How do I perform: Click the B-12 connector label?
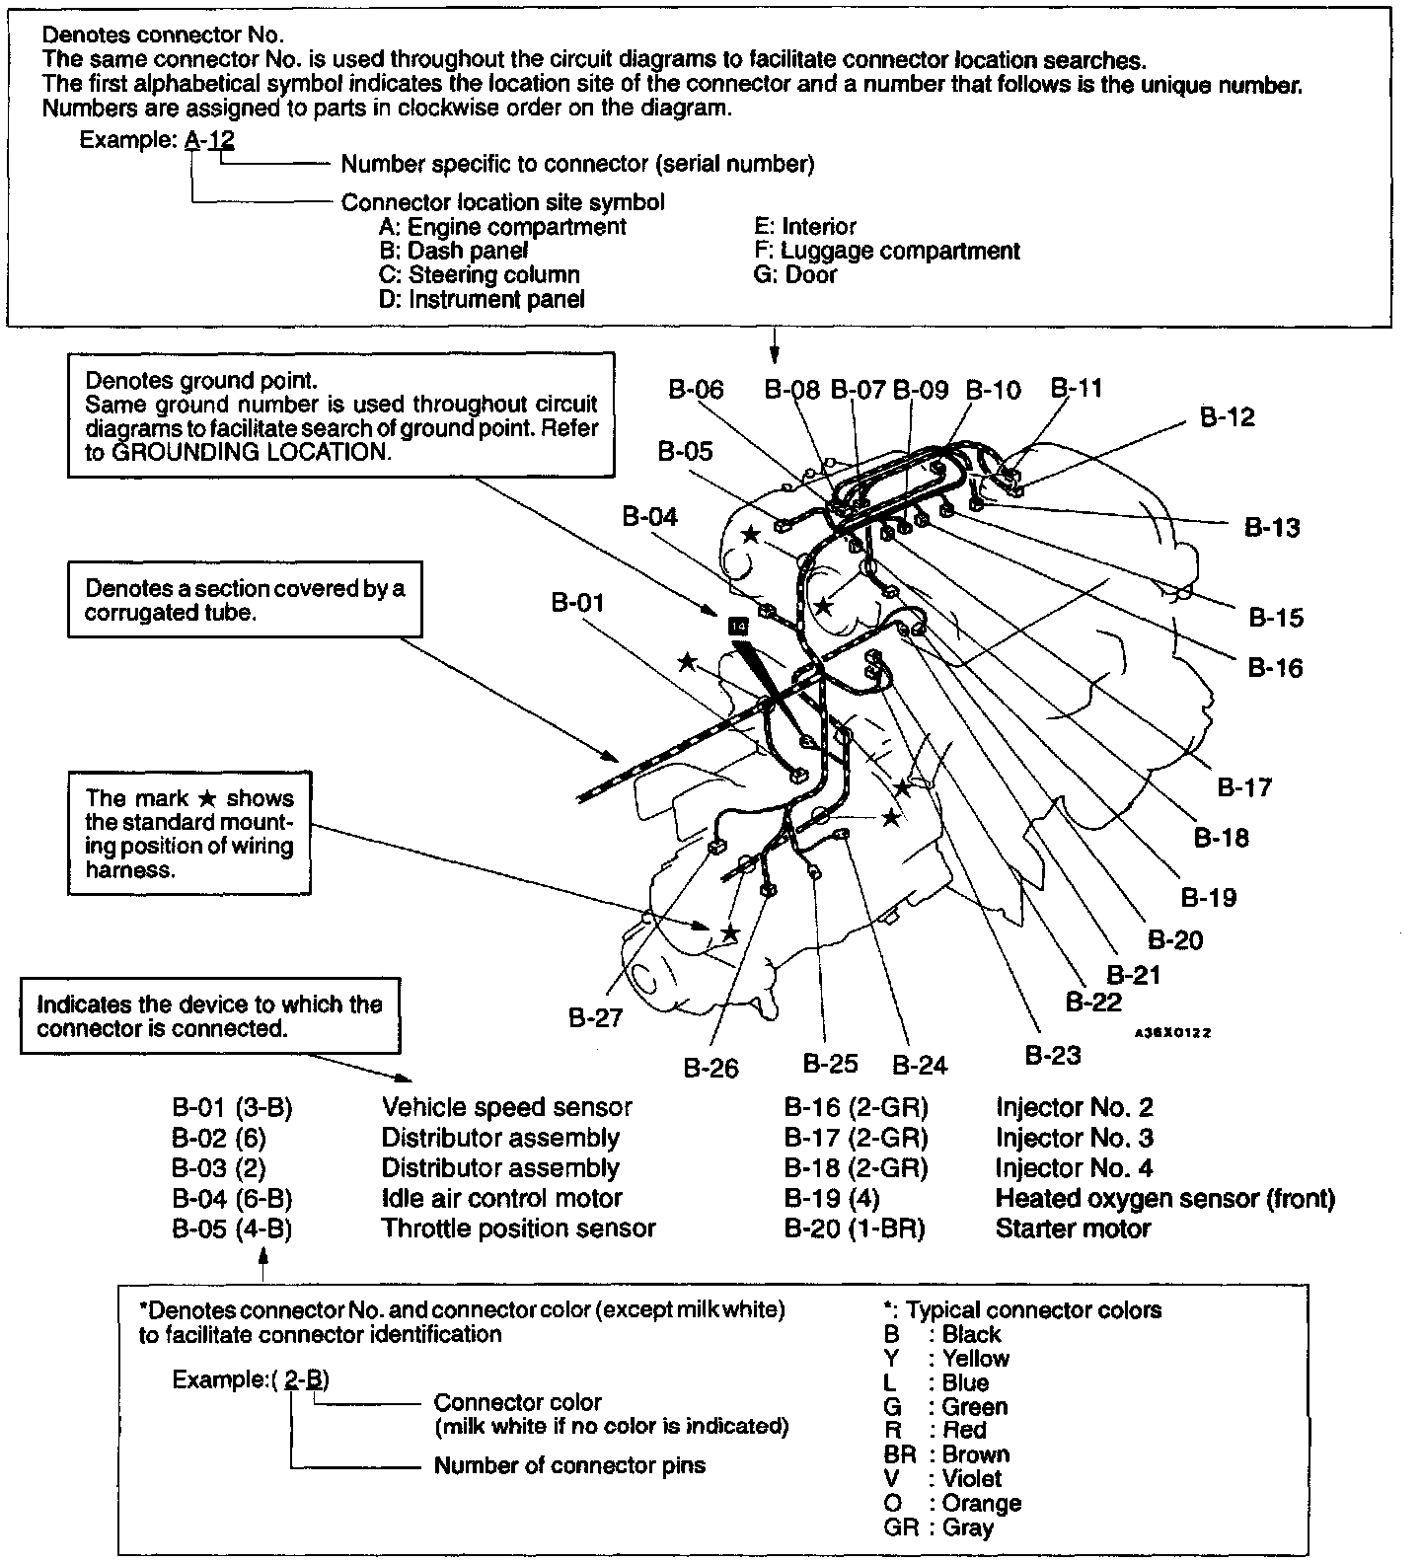[1227, 417]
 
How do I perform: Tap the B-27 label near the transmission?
[596, 1017]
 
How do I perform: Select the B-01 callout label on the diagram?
[577, 602]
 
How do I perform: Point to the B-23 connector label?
[1052, 1055]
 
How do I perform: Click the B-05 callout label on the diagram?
[685, 452]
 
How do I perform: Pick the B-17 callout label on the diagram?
[1244, 787]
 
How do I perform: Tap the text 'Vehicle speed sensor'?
[506, 1108]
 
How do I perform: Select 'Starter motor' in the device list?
[1073, 1229]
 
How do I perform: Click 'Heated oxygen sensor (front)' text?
[1164, 1199]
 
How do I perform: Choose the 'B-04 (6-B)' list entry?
[232, 1199]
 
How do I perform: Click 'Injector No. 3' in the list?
[1074, 1138]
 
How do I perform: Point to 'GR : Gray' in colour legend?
[938, 1527]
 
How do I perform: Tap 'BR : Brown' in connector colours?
[946, 1454]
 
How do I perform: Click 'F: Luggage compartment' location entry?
[886, 251]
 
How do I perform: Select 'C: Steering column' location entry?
[479, 275]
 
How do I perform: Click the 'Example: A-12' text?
[157, 140]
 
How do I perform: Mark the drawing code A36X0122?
[1171, 1033]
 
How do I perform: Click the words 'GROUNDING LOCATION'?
[249, 452]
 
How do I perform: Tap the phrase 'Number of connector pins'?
[569, 1465]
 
